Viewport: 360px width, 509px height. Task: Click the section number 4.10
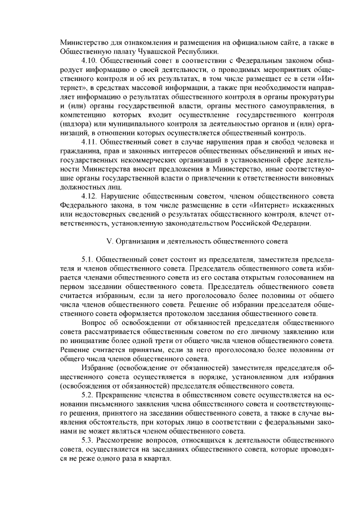click(x=90, y=60)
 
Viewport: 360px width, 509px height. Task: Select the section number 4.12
click(x=90, y=196)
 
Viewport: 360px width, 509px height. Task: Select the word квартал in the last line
click(x=156, y=460)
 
